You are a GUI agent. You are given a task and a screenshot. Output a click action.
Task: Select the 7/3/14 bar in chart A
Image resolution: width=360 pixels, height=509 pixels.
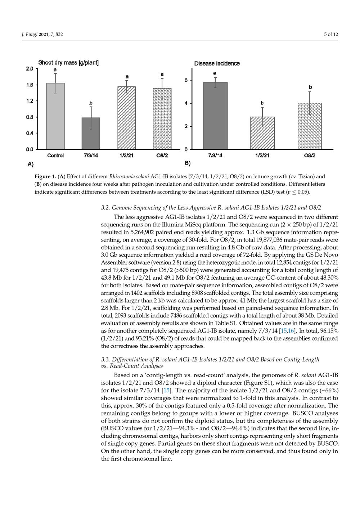click(x=91, y=133)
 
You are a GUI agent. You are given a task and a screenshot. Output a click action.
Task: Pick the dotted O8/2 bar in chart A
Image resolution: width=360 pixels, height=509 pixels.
click(x=162, y=118)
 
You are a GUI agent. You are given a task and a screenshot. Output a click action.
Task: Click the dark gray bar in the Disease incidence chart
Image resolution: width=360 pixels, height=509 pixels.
click(x=215, y=116)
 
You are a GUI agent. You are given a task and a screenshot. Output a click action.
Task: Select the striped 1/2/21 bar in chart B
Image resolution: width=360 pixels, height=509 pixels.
click(x=262, y=133)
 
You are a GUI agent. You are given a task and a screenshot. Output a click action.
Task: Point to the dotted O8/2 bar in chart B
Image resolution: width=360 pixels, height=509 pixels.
click(x=310, y=126)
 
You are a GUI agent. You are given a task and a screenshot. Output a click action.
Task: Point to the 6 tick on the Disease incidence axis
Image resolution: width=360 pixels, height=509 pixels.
click(x=186, y=80)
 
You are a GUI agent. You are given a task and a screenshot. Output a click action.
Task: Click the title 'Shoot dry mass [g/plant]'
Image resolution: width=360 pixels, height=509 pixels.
click(x=68, y=63)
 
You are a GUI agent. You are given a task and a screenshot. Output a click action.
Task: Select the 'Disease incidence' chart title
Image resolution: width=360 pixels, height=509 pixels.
click(x=217, y=64)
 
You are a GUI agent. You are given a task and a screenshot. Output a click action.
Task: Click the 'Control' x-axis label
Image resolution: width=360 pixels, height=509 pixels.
click(x=55, y=156)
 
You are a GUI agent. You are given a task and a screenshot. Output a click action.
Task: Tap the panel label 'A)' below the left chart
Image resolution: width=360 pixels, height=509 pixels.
click(x=31, y=164)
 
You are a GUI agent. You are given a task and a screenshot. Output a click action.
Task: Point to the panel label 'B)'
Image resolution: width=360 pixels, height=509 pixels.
click(x=188, y=163)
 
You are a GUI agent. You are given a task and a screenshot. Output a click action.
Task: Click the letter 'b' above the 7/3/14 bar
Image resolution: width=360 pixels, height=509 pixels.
click(x=91, y=103)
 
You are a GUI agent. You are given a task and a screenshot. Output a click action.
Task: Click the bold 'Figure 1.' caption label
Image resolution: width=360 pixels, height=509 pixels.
click(x=45, y=177)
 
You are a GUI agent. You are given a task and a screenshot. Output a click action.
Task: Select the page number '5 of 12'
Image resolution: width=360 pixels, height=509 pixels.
click(x=331, y=34)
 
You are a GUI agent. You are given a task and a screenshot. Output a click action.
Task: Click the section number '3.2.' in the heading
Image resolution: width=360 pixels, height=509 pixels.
click(x=105, y=208)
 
